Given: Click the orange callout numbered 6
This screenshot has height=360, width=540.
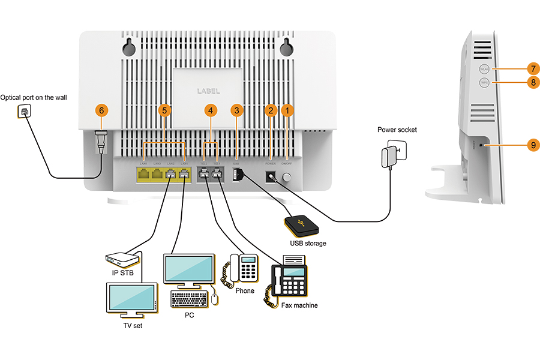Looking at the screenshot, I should pyautogui.click(x=101, y=110).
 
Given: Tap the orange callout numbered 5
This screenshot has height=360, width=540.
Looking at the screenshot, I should pyautogui.click(x=163, y=110).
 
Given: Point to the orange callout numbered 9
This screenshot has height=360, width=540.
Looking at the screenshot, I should pyautogui.click(x=533, y=145).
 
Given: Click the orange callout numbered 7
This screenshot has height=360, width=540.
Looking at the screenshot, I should pyautogui.click(x=532, y=68).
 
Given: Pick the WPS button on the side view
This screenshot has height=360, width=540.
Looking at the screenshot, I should pyautogui.click(x=485, y=82).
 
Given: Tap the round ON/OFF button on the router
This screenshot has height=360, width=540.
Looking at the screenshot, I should pyautogui.click(x=287, y=178).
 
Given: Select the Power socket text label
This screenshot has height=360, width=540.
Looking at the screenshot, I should pyautogui.click(x=397, y=130).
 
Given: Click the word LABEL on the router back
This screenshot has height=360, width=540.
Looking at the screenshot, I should pyautogui.click(x=208, y=91).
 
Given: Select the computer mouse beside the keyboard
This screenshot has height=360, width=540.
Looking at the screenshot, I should pyautogui.click(x=215, y=298).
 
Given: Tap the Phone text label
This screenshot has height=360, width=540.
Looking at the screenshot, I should pyautogui.click(x=245, y=291).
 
